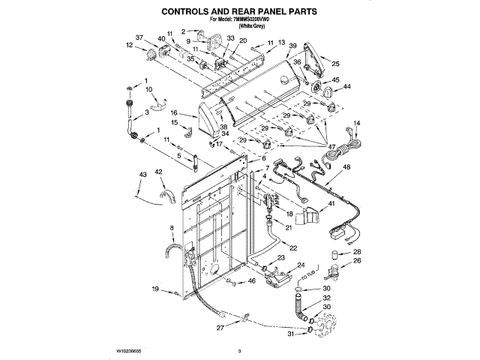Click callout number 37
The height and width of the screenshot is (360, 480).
pyautogui.click(x=139, y=37)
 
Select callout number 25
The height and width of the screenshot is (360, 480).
pyautogui.click(x=336, y=64)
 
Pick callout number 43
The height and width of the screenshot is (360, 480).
pyautogui.click(x=142, y=175)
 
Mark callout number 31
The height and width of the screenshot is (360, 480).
pyautogui.click(x=289, y=335)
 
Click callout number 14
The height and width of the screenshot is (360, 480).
pyautogui.click(x=357, y=123)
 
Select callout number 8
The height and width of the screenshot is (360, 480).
pyautogui.click(x=172, y=226)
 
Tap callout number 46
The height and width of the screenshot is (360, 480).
pyautogui.click(x=252, y=281)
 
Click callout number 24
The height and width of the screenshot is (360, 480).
pyautogui.click(x=301, y=265)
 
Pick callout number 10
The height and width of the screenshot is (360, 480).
pyautogui.click(x=149, y=90)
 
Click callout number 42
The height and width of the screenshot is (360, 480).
pyautogui.click(x=159, y=172)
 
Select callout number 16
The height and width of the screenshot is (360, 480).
pyautogui.click(x=173, y=113)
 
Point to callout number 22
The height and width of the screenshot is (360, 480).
pyautogui.click(x=292, y=247)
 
